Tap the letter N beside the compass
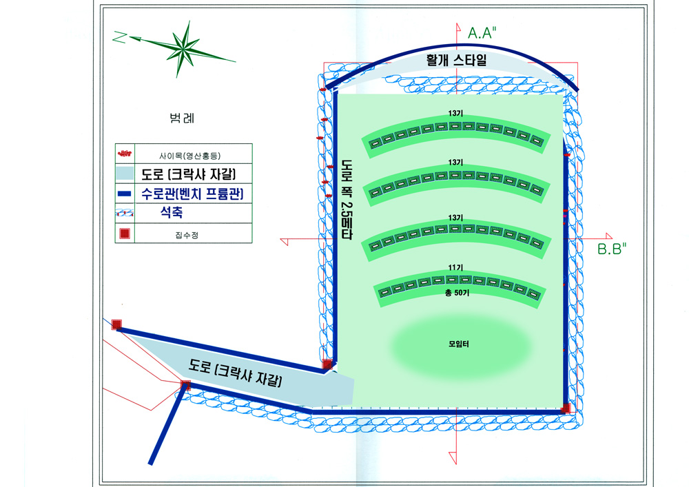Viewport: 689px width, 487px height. click(119, 37)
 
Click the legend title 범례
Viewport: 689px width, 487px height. click(182, 118)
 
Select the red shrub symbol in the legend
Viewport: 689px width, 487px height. click(125, 153)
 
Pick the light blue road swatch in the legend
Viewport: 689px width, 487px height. click(125, 174)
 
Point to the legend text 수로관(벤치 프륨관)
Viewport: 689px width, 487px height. click(192, 194)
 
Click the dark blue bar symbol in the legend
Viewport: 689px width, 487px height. click(125, 194)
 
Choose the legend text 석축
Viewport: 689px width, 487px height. click(172, 213)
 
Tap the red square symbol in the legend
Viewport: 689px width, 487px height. click(125, 234)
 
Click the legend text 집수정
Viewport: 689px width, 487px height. click(187, 236)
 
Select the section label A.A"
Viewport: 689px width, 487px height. click(482, 33)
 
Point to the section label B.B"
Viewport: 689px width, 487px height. click(612, 249)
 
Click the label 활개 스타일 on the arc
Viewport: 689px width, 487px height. click(457, 60)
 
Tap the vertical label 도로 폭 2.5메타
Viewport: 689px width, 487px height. click(347, 199)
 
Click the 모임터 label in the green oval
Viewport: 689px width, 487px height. click(459, 344)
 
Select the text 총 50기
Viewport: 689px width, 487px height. click(457, 293)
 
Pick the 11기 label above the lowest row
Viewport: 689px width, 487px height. click(455, 267)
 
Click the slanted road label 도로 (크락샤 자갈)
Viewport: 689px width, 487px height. click(235, 373)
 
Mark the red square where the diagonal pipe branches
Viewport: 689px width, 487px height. click(186, 385)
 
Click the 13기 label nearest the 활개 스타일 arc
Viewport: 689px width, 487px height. click(455, 113)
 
